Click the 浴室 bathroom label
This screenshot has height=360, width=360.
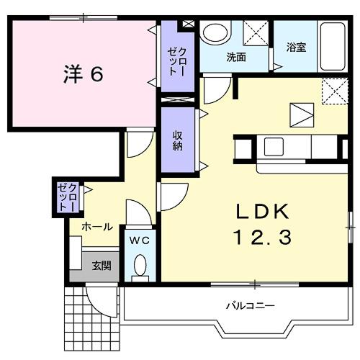tap(296, 49)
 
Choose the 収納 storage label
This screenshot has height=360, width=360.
tap(177, 141)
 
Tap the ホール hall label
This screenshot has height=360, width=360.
tap(96, 226)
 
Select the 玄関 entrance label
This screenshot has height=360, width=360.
tap(101, 265)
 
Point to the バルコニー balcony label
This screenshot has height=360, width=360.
tap(250, 305)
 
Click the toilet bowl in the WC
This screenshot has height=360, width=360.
tap(140, 266)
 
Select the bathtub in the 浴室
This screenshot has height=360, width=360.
tap(332, 45)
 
